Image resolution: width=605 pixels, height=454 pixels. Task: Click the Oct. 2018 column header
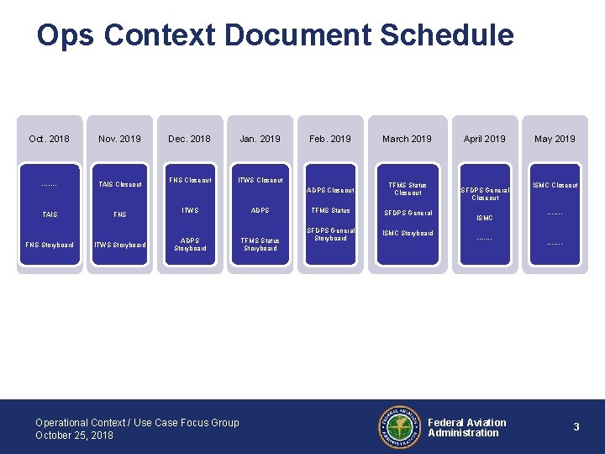pyautogui.click(x=49, y=139)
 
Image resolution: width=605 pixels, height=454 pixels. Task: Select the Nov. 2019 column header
pyautogui.click(x=119, y=139)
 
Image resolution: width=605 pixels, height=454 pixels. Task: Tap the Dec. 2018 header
pyautogui.click(x=189, y=139)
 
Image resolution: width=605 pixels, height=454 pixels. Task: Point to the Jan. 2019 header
pyautogui.click(x=260, y=139)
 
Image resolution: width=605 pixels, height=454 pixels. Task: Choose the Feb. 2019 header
pyautogui.click(x=330, y=139)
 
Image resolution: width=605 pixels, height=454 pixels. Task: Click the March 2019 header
pyautogui.click(x=407, y=139)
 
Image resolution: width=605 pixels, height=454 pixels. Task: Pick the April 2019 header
pyautogui.click(x=485, y=139)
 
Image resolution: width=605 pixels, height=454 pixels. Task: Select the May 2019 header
pyautogui.click(x=555, y=139)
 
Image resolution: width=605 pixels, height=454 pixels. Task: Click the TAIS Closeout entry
pyautogui.click(x=119, y=185)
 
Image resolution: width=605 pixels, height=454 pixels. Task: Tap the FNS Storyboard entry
pyautogui.click(x=50, y=245)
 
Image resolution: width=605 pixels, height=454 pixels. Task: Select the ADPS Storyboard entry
pyautogui.click(x=190, y=244)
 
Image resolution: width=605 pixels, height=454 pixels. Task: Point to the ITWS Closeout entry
pyautogui.click(x=260, y=180)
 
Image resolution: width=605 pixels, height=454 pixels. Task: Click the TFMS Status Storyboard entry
pyautogui.click(x=260, y=244)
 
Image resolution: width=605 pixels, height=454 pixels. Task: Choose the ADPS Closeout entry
pyautogui.click(x=330, y=190)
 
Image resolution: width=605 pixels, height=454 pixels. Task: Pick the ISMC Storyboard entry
pyautogui.click(x=408, y=233)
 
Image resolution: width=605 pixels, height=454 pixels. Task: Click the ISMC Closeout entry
pyautogui.click(x=555, y=185)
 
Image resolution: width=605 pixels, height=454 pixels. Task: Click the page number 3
pyautogui.click(x=576, y=427)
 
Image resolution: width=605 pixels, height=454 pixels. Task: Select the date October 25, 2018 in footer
pyautogui.click(x=74, y=436)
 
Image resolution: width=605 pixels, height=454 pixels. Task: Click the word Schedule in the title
pyautogui.click(x=446, y=35)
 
